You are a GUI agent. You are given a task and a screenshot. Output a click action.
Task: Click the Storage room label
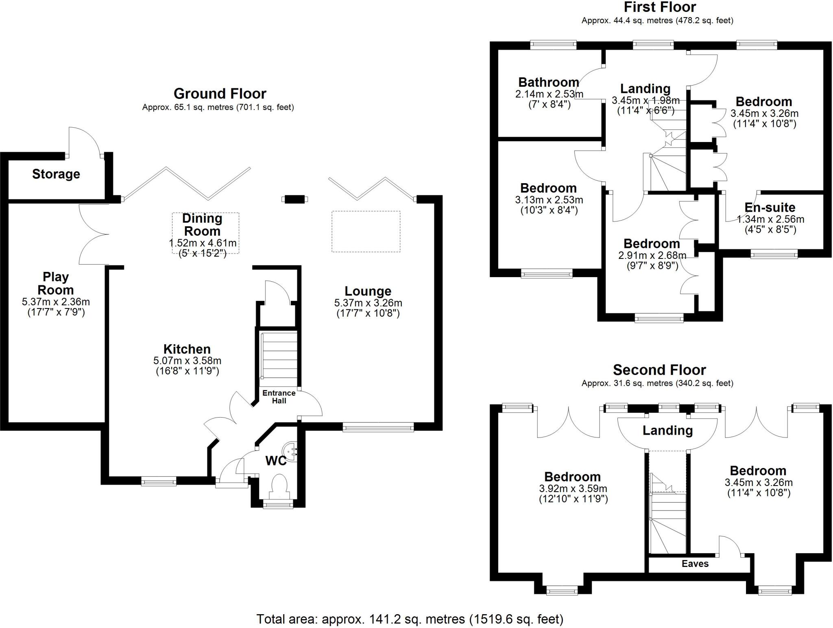click(56, 174)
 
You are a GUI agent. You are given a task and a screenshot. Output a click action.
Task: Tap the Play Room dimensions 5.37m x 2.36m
click(56, 302)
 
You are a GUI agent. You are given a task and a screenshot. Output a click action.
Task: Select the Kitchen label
click(187, 349)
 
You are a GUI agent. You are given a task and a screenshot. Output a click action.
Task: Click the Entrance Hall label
click(279, 397)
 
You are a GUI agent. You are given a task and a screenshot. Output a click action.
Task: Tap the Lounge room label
click(368, 291)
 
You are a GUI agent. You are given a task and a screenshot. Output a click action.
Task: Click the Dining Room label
click(202, 225)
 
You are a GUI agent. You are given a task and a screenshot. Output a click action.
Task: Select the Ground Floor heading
click(220, 94)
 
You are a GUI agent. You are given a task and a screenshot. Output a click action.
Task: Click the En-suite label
click(770, 208)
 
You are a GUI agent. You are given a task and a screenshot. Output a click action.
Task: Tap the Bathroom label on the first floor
click(548, 82)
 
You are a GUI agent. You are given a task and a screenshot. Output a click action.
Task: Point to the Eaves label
click(695, 564)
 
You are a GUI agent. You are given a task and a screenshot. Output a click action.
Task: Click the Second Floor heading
click(659, 370)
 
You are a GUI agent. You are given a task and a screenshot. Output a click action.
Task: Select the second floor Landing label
click(667, 430)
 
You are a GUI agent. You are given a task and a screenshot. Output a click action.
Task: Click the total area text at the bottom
click(410, 619)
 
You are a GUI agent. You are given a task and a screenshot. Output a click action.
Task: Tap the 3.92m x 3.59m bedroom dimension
click(573, 488)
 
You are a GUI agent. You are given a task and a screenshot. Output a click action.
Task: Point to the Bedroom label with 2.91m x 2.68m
click(652, 244)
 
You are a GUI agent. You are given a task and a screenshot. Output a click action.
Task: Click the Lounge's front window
click(378, 427)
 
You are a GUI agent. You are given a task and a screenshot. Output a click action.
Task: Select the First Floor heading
click(660, 7)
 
